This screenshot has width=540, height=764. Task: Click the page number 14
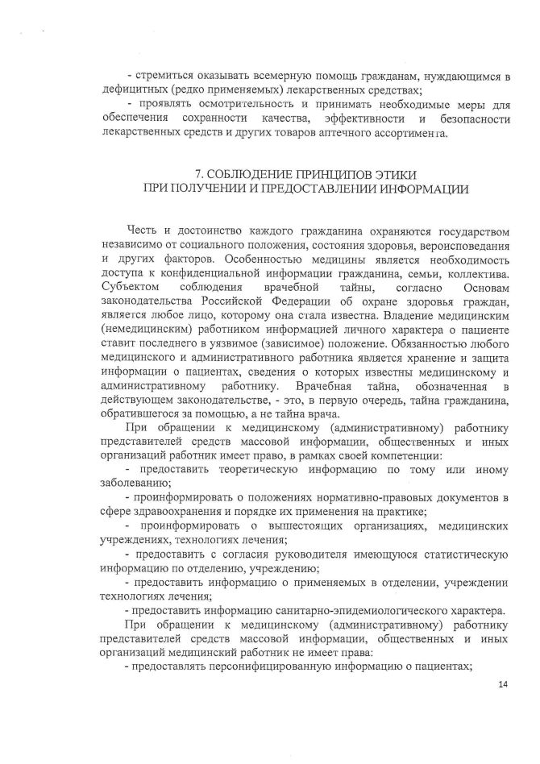pyautogui.click(x=505, y=686)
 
